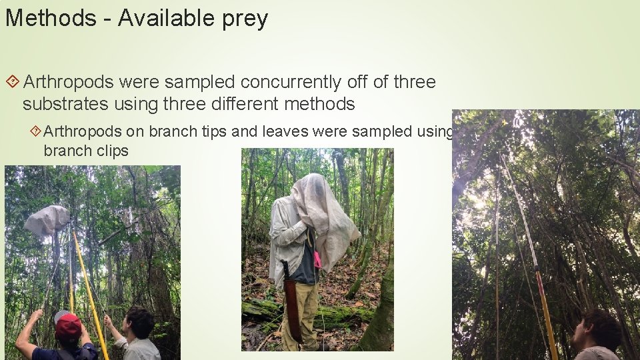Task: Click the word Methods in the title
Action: (x=51, y=19)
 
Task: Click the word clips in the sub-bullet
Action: (x=111, y=151)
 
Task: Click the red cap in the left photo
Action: (x=68, y=327)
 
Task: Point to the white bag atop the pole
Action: (x=47, y=220)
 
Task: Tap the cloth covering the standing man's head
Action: (x=320, y=207)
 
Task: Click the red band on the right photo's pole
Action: (x=537, y=272)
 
